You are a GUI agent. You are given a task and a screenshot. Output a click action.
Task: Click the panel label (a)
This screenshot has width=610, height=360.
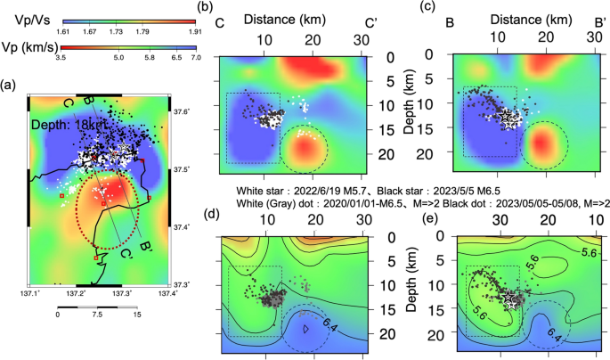[10, 86]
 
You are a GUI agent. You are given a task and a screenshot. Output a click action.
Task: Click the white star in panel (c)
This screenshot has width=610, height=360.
[507, 117]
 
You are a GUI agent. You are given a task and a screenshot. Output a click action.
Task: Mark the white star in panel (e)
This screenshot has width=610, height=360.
[510, 300]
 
